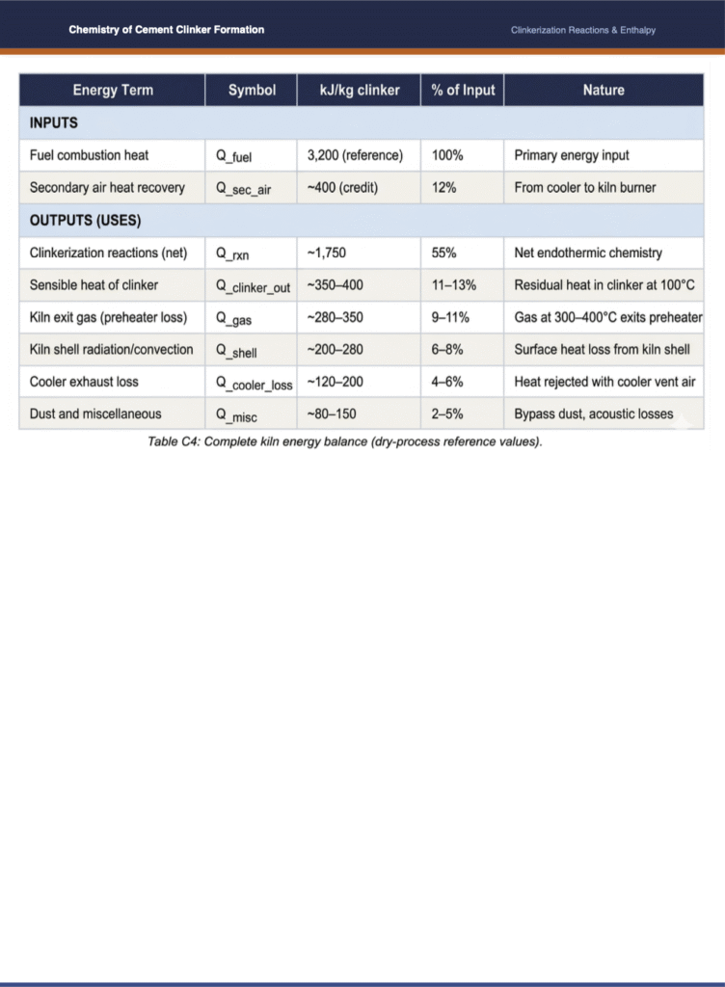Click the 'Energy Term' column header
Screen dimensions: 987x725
(x=113, y=91)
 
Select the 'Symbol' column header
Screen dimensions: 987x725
(x=252, y=91)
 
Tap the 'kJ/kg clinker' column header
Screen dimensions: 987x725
(x=359, y=91)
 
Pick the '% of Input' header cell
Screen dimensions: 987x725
(x=463, y=91)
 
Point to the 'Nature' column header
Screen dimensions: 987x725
(x=603, y=91)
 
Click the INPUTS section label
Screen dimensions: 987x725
(x=54, y=123)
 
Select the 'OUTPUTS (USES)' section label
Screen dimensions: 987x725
(x=86, y=221)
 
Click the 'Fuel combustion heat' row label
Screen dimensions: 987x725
(x=89, y=155)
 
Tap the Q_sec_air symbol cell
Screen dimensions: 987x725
(x=243, y=189)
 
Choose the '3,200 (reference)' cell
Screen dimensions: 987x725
(x=355, y=155)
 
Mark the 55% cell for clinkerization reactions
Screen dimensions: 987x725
(x=444, y=253)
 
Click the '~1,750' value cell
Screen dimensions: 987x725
(x=327, y=253)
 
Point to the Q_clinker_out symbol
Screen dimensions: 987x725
(x=253, y=286)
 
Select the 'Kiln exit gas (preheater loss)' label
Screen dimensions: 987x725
(x=108, y=317)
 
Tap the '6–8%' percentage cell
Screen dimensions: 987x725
(x=447, y=349)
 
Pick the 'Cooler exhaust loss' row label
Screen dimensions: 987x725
(x=84, y=382)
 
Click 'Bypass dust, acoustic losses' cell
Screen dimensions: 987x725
(x=593, y=414)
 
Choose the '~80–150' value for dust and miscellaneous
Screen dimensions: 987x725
(x=335, y=414)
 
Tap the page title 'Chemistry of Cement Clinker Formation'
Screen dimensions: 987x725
(x=166, y=30)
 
